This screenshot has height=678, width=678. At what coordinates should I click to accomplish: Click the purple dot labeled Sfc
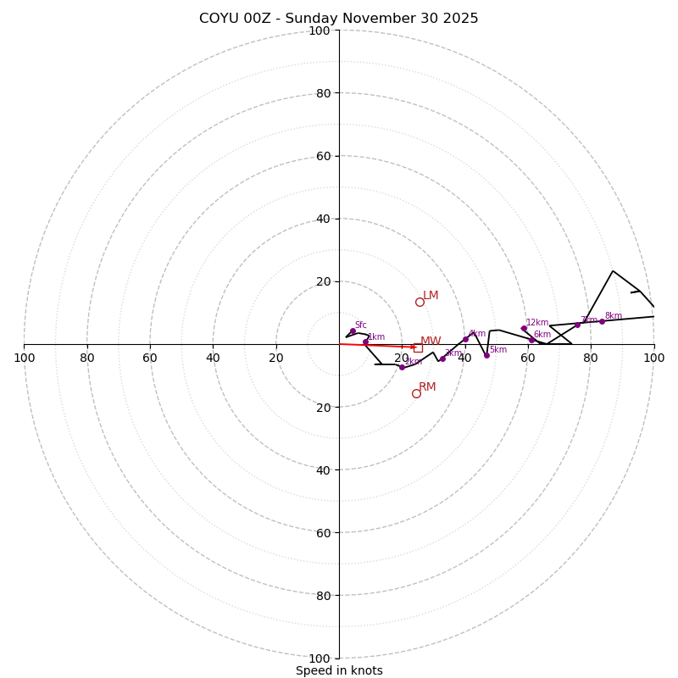353,331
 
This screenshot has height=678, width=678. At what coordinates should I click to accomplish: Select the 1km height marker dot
366,342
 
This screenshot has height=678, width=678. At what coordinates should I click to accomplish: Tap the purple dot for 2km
402,367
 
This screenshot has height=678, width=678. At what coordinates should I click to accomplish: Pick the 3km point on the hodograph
442,358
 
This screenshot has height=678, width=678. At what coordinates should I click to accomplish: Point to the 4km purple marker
465,339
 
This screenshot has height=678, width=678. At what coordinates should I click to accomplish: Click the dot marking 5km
486,355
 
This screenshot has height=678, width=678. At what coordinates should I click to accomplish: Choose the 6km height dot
531,340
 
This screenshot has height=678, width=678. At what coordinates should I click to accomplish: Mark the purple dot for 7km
577,325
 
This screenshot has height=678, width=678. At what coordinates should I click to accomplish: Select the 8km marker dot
603,321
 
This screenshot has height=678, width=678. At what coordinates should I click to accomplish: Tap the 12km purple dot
524,329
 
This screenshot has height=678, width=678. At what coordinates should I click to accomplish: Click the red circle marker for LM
420,302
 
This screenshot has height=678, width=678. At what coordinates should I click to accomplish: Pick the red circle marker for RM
416,393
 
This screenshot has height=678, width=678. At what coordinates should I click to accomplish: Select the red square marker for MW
418,347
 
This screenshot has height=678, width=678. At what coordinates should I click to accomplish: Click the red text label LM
431,296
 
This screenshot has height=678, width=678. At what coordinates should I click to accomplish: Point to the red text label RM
427,387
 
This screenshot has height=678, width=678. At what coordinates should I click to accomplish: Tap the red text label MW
431,341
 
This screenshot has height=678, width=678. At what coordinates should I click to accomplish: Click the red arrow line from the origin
377,345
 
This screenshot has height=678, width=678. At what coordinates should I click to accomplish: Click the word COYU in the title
218,19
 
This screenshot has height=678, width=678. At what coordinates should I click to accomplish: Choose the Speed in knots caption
339,670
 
